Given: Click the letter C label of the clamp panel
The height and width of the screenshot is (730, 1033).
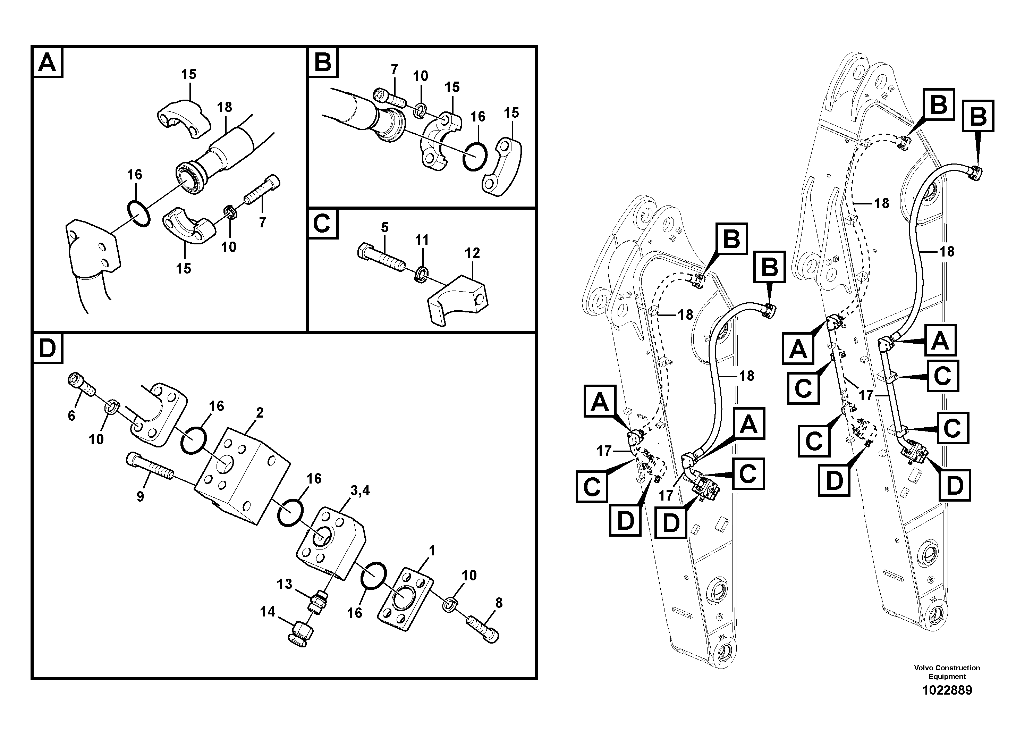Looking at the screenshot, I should tap(322, 224).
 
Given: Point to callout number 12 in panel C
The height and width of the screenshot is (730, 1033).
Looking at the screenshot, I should tap(472, 253).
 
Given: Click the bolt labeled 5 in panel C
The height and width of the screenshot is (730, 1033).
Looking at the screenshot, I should tap(380, 259).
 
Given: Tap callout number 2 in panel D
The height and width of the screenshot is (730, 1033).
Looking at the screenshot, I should tap(260, 412).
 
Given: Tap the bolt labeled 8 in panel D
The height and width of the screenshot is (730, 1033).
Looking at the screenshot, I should tap(484, 629).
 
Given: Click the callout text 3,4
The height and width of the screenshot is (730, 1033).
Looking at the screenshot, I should tap(361, 490).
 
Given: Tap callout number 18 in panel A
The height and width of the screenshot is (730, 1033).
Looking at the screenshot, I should tap(224, 107).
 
